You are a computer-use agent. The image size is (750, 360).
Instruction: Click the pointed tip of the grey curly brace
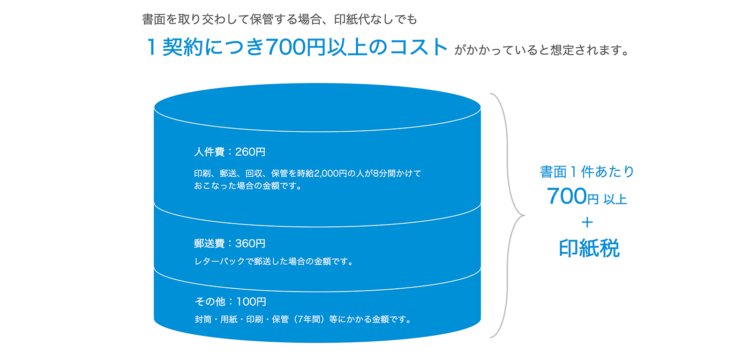(525, 215)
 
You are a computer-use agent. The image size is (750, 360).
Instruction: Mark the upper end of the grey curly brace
(490, 93)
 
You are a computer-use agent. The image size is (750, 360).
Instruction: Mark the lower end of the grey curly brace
(490, 337)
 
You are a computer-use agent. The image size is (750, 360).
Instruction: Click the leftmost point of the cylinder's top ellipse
(154, 108)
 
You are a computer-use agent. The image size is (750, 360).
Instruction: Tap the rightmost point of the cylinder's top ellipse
(481, 108)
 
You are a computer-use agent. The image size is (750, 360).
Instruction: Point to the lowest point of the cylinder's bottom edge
(317, 343)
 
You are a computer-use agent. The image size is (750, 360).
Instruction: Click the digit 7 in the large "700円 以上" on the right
(554, 196)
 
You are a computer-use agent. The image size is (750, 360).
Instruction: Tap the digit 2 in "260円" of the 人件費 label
(239, 152)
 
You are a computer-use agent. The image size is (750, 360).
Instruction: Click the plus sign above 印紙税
(587, 222)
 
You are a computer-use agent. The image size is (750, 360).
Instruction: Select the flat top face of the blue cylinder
(317, 107)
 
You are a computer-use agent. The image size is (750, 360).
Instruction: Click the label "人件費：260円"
(230, 152)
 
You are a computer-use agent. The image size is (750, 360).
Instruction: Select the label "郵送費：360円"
(230, 243)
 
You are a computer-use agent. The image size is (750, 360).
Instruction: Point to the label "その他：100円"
(230, 302)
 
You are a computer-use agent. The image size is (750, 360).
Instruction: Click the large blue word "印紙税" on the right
(589, 248)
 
